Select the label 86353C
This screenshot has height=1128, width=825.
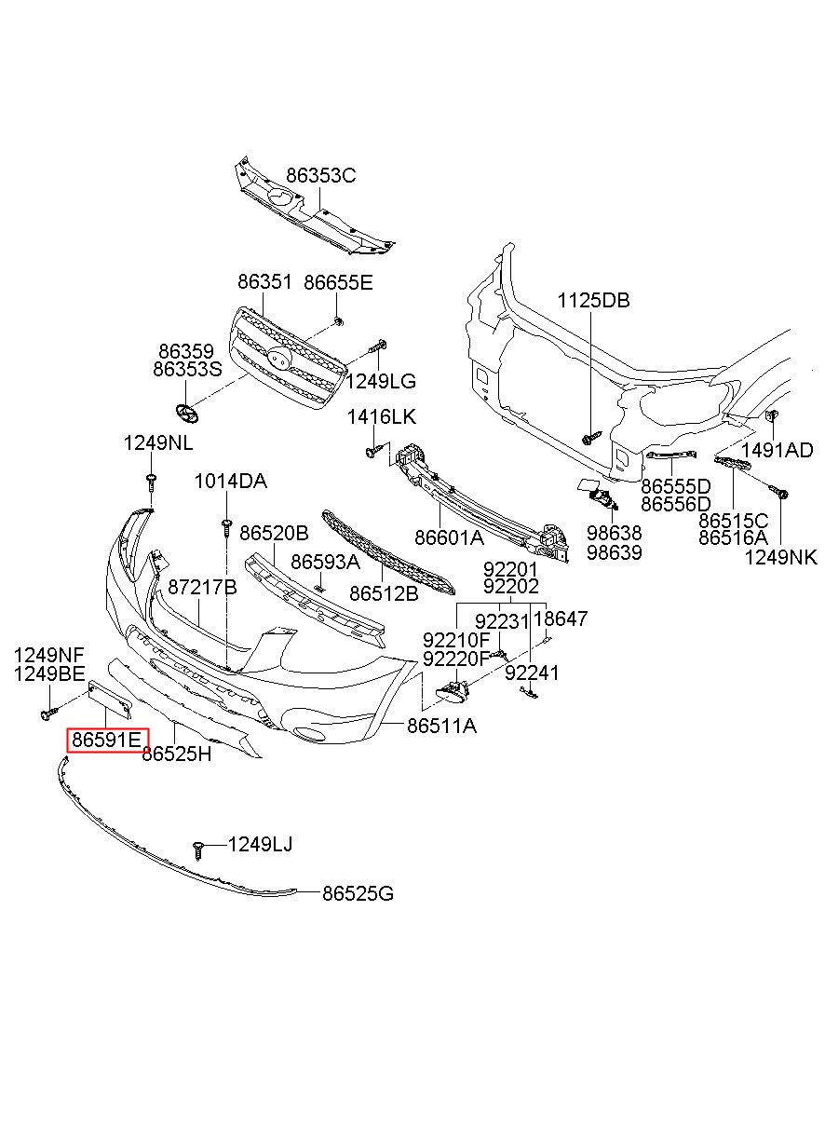tap(320, 176)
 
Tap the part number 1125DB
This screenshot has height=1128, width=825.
tap(593, 301)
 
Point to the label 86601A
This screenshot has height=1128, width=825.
tap(449, 537)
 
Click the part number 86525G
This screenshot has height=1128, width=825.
tap(358, 894)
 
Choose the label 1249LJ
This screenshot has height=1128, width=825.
tap(260, 845)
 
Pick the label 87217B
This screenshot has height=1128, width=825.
tap(202, 588)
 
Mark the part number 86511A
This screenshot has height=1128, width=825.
tap(441, 725)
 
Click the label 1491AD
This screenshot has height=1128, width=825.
tap(778, 451)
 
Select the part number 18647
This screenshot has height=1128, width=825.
tap(561, 618)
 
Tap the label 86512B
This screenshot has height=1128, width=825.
tap(384, 592)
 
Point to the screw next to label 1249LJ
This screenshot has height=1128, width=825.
tap(198, 849)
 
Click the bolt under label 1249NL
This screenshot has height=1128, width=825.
tap(150, 482)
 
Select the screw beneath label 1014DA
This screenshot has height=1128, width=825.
tap(225, 527)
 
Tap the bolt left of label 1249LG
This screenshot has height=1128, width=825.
tap(376, 348)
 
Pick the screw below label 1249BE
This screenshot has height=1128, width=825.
tap(46, 713)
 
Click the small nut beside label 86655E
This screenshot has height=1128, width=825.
tap(337, 321)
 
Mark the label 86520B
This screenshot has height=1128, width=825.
tap(274, 534)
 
